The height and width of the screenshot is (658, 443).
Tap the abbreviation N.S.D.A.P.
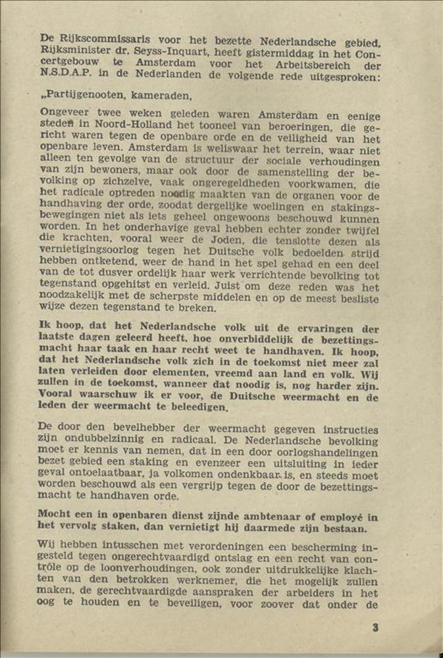click(x=68, y=77)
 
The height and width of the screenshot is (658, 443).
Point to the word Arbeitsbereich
click(x=319, y=65)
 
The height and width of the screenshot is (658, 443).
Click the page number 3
click(x=375, y=628)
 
